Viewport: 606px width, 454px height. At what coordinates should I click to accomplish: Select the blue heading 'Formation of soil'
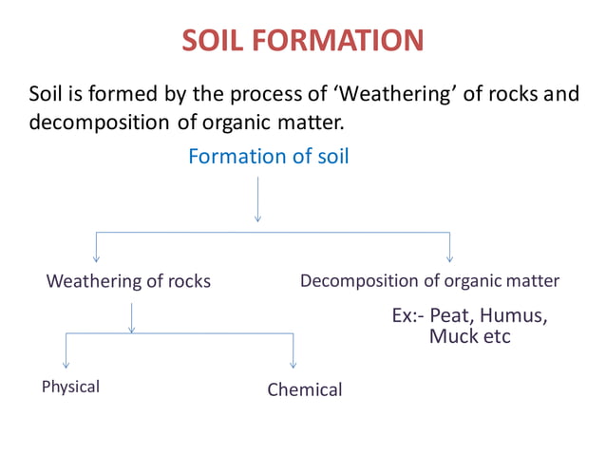pos(268,156)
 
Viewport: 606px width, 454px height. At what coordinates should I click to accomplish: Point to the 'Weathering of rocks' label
pos(128,281)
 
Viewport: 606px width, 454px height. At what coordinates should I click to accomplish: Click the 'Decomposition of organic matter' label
pos(429,280)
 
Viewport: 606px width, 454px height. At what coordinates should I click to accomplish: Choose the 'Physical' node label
pos(70,387)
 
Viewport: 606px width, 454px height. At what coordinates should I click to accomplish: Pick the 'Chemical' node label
pos(304,389)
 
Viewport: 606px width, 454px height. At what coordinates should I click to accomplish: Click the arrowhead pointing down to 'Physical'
pos(66,363)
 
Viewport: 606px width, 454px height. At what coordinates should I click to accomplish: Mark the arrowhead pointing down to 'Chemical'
pos(293,363)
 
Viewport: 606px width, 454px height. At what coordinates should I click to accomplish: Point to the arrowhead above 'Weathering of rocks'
pos(96,256)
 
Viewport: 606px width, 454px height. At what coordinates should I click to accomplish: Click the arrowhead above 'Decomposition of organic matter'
pos(449,256)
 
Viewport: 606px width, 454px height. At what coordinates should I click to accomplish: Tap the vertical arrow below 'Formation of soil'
pos(257,199)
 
